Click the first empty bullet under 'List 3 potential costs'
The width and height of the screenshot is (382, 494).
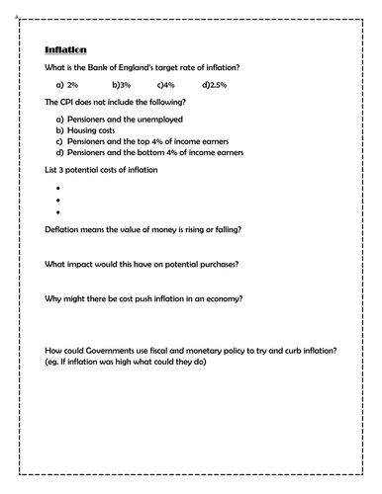[59, 186]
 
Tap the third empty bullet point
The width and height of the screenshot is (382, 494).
[59, 211]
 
